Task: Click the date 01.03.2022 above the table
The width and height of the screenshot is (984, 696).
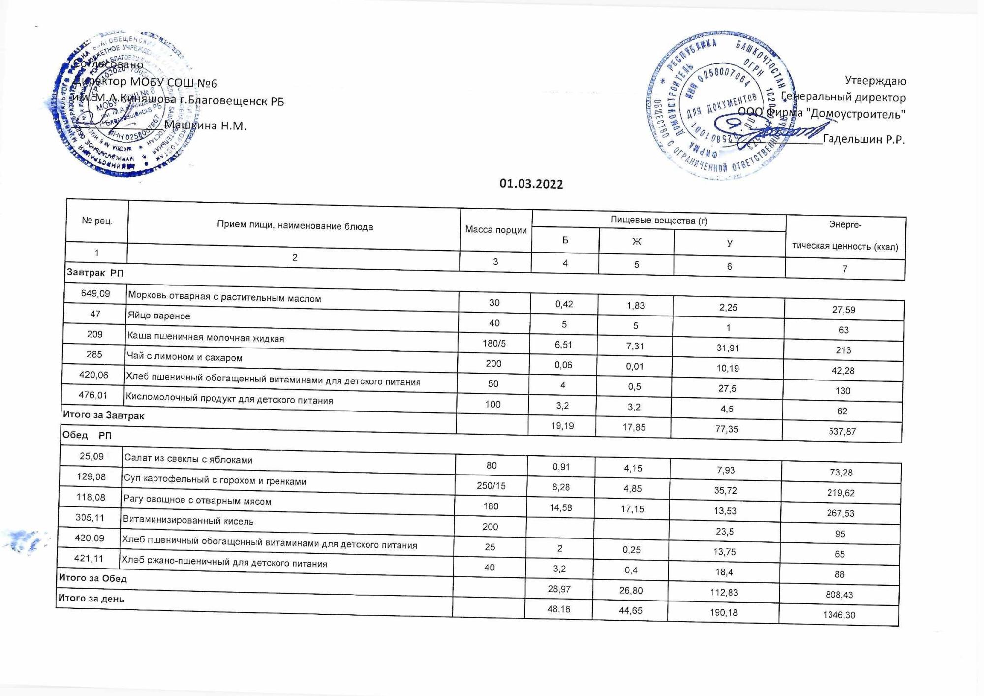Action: point(531,184)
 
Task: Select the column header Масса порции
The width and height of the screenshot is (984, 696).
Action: point(495,230)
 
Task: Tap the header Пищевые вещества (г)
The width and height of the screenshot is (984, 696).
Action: point(658,221)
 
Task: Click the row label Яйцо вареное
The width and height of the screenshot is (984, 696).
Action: point(159,316)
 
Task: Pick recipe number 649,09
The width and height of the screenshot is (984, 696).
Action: point(95,294)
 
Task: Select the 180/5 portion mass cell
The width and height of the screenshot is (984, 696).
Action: point(494,344)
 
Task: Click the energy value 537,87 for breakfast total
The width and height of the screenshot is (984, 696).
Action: point(842,432)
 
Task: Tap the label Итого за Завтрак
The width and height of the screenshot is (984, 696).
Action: point(103,416)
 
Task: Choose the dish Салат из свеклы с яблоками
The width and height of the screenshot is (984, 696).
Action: point(188,460)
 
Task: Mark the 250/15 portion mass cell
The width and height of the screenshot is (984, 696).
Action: point(491,486)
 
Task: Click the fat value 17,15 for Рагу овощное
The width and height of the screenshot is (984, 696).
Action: point(632,509)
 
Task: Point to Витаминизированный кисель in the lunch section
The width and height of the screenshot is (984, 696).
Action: point(188,521)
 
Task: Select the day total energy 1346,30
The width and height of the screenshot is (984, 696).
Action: point(839,615)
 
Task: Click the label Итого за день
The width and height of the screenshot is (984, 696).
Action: point(92,599)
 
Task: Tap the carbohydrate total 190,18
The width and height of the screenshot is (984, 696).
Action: point(724,613)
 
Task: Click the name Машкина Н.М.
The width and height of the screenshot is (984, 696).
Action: point(205,126)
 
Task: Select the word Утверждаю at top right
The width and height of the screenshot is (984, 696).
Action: point(875,80)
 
